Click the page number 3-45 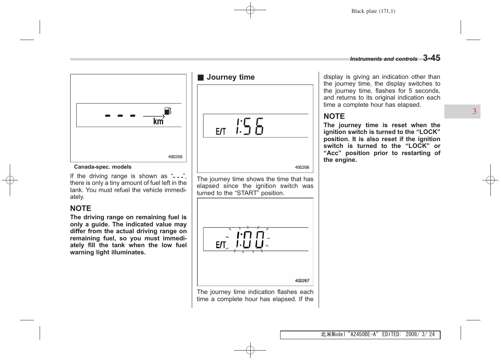tap(431, 58)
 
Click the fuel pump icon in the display tap(168, 111)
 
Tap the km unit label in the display tap(158, 122)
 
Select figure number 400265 tap(175, 157)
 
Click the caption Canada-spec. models tap(103, 167)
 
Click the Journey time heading tap(230, 77)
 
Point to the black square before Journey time tap(200, 78)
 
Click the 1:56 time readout tap(250, 126)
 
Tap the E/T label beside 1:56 tap(220, 132)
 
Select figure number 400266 tap(302, 168)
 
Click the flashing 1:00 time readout tap(250, 240)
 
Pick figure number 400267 tap(302, 281)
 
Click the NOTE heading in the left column tap(81, 209)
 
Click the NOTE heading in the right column tap(334, 117)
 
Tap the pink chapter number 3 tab tap(474, 111)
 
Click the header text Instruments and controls tap(384, 59)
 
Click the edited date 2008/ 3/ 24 tap(420, 334)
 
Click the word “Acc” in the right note tap(333, 153)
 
